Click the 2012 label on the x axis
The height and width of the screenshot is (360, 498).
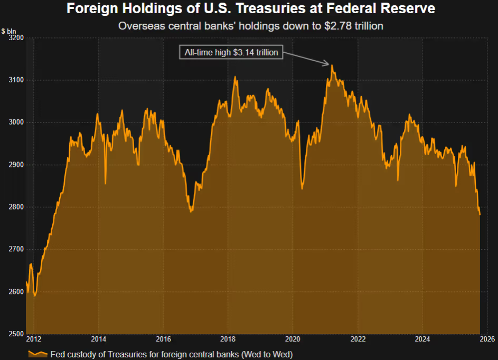pos(33,339)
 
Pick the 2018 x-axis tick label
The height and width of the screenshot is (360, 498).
pos(228,339)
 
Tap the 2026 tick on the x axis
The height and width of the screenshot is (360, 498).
pos(487,339)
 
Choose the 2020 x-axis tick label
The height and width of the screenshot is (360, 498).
pos(293,339)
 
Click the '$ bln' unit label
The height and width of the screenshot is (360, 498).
pos(9,31)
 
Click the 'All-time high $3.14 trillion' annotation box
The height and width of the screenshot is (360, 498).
pos(231,52)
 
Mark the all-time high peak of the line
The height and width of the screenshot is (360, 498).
pos(332,65)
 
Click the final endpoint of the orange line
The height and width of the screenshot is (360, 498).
pos(480,215)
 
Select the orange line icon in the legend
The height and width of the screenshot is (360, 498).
pos(37,354)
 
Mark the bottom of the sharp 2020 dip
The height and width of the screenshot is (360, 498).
pos(302,188)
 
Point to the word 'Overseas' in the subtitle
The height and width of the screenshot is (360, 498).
pos(136,25)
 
